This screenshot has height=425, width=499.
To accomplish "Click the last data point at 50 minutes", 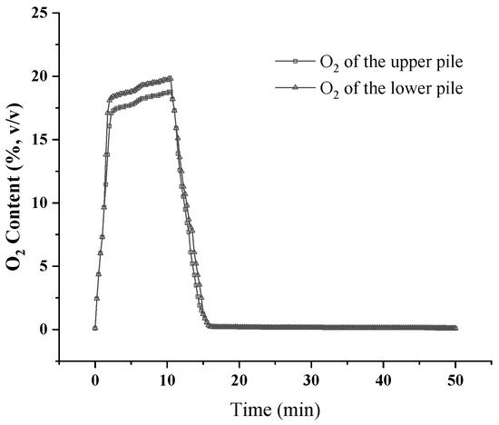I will [x=455, y=328].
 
